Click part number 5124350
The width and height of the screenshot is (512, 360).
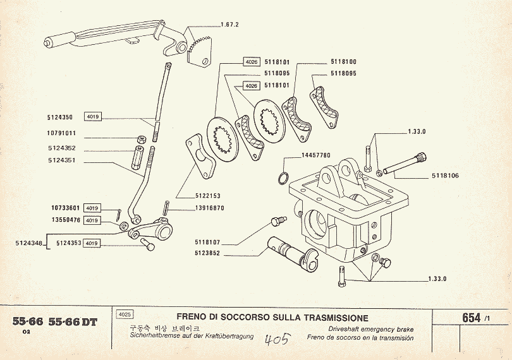pos(60,117)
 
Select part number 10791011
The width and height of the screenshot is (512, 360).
pos(61,134)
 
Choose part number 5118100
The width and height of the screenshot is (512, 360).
pos(343,62)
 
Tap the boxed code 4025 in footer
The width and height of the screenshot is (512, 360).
pos(125,314)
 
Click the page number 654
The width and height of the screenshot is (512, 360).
pos(471,318)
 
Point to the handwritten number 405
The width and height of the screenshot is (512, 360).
pos(276,340)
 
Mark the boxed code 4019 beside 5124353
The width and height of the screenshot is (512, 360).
pos(92,243)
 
